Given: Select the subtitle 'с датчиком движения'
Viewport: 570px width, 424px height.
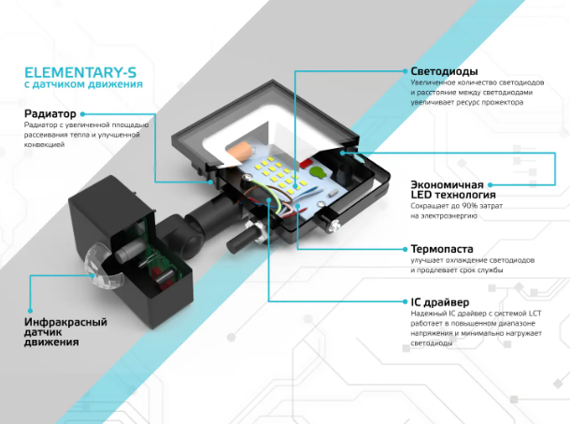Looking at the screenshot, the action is [83, 85].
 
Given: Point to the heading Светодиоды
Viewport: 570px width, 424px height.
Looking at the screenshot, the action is [444, 71].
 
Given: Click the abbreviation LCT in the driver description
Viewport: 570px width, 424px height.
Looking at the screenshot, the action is [532, 313].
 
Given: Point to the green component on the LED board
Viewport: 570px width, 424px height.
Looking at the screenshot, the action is [316, 172].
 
